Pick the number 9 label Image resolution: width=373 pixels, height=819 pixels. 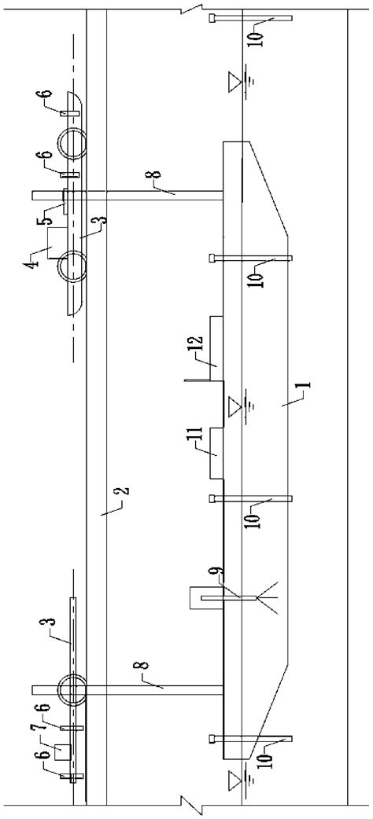click(x=220, y=571)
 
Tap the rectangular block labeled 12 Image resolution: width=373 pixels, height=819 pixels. click(x=217, y=350)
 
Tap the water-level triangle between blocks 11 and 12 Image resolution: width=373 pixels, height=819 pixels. click(x=235, y=406)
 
